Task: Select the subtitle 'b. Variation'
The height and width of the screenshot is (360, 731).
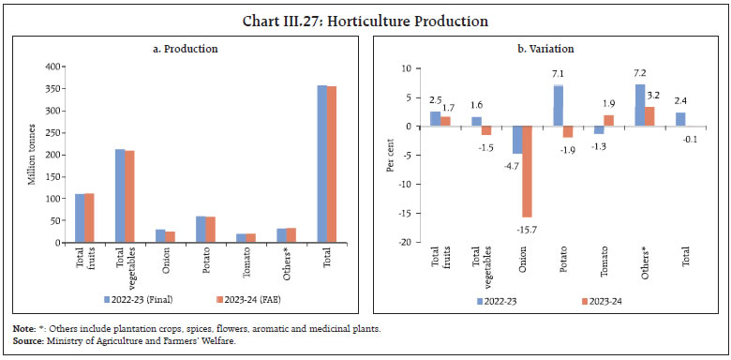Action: coord(547,48)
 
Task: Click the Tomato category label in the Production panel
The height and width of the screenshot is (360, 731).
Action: coord(246,265)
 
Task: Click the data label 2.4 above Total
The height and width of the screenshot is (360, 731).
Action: coord(680,99)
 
